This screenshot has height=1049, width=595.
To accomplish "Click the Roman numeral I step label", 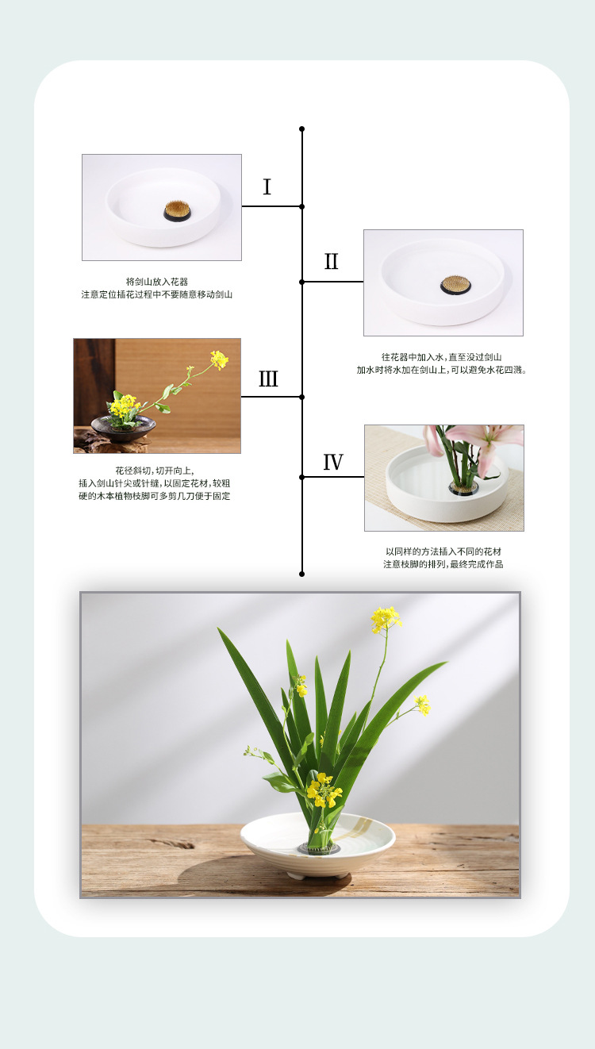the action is pyautogui.click(x=267, y=186).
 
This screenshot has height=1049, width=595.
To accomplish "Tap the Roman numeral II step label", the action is pyautogui.click(x=331, y=261).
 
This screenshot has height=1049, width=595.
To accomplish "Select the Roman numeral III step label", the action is pyautogui.click(x=268, y=378).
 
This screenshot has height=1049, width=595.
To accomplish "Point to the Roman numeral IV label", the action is pyautogui.click(x=333, y=463).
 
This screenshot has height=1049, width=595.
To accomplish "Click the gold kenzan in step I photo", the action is pyautogui.click(x=178, y=211).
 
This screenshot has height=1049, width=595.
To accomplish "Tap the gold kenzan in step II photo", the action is pyautogui.click(x=455, y=285).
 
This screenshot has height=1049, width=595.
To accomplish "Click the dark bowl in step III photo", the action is pyautogui.click(x=124, y=428).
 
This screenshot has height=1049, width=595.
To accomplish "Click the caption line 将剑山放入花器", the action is pyautogui.click(x=157, y=282).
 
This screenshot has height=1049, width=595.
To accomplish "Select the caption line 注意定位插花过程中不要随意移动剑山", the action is pyautogui.click(x=157, y=294).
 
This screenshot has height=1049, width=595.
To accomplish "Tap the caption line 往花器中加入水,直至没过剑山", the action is pyautogui.click(x=441, y=357).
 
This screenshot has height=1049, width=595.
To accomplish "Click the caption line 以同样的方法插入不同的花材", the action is pyautogui.click(x=443, y=551).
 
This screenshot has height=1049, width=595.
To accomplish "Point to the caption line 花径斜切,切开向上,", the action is pyautogui.click(x=155, y=471).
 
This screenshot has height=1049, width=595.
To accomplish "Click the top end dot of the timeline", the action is pyautogui.click(x=302, y=129).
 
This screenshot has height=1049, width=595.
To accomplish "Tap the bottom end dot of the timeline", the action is pyautogui.click(x=302, y=574).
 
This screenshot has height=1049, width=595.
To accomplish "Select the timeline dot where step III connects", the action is pyautogui.click(x=302, y=397).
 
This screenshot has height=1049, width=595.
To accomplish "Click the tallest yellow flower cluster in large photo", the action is pyautogui.click(x=386, y=619).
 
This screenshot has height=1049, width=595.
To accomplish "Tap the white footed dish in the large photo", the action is pyautogui.click(x=318, y=847).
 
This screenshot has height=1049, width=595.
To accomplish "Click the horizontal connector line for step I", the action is pyautogui.click(x=272, y=206).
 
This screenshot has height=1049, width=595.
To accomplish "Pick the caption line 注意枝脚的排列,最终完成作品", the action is pyautogui.click(x=443, y=564).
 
